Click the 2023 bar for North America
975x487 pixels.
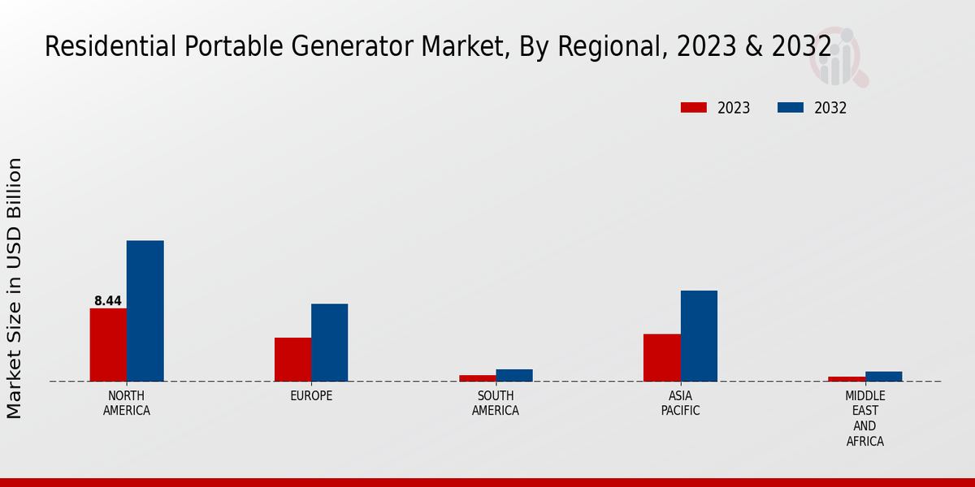click(x=108, y=345)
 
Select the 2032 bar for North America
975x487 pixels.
click(x=145, y=311)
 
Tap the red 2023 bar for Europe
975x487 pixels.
click(x=292, y=360)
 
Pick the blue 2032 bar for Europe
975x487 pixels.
click(x=329, y=343)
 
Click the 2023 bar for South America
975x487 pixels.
click(x=477, y=378)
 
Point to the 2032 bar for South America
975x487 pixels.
click(x=514, y=375)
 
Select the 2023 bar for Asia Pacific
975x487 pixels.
click(x=661, y=358)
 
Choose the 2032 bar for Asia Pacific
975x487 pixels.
click(x=699, y=336)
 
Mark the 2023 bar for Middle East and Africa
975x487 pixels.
click(x=847, y=379)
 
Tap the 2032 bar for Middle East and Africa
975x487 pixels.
click(x=883, y=377)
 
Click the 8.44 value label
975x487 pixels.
click(x=108, y=301)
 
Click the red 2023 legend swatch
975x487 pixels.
click(x=693, y=108)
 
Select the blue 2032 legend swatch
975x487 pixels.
click(x=791, y=108)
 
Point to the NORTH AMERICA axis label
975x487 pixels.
click(x=127, y=403)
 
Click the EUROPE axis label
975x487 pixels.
click(x=311, y=396)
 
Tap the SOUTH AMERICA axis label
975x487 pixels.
click(x=496, y=403)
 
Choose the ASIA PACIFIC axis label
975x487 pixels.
click(x=680, y=403)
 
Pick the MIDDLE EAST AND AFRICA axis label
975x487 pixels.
click(x=864, y=419)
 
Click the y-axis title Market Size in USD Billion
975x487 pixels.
click(x=15, y=288)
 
